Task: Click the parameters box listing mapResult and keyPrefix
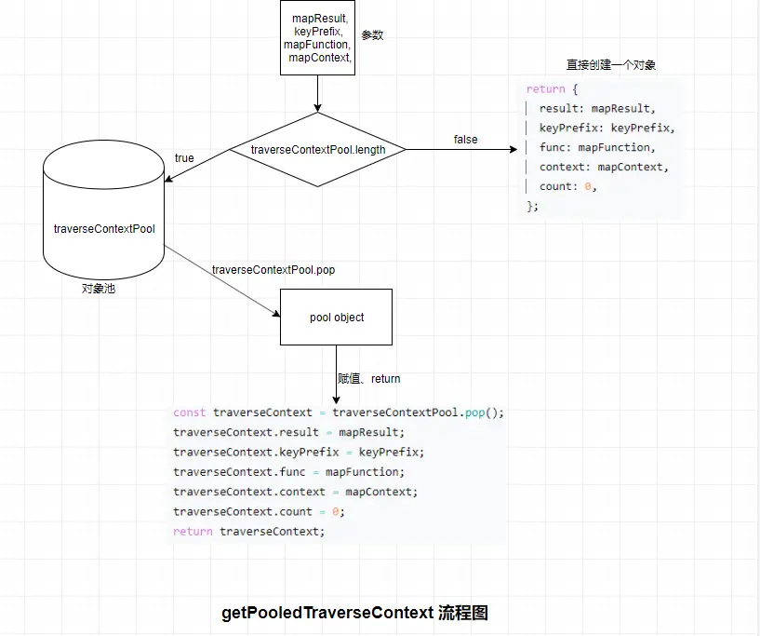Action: (318, 37)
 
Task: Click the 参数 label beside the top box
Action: (372, 35)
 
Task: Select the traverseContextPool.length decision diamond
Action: (318, 149)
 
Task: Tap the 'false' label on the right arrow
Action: (465, 140)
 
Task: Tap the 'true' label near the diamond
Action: (184, 158)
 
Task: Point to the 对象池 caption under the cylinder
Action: (99, 289)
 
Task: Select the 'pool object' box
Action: (337, 318)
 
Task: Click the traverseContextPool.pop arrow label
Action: (273, 270)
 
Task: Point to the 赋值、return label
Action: (369, 379)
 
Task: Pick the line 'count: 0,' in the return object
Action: (567, 186)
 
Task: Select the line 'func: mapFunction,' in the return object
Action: (596, 147)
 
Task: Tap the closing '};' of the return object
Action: (533, 206)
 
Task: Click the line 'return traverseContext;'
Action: (249, 532)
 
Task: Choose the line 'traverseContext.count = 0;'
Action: (259, 512)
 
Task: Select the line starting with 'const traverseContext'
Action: (338, 413)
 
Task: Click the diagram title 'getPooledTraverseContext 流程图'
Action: (354, 613)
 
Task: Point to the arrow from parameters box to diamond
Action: (318, 93)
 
